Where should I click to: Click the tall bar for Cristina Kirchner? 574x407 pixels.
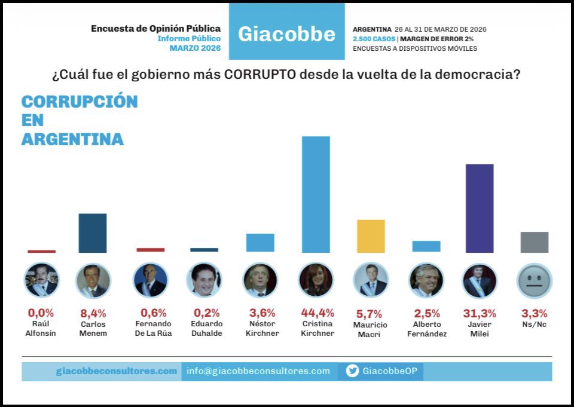click(x=316, y=194)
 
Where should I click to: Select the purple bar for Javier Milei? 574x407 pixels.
click(x=480, y=208)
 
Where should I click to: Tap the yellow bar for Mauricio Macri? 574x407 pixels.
click(x=371, y=236)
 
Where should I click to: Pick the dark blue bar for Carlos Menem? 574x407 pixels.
click(x=93, y=233)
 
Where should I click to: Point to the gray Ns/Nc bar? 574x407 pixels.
click(x=535, y=242)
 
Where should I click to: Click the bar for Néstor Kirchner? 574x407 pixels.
click(x=260, y=243)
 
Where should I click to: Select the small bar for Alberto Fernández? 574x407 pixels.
click(x=426, y=246)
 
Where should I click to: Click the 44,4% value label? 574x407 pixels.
click(x=317, y=313)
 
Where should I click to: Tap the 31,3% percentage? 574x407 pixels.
click(x=480, y=313)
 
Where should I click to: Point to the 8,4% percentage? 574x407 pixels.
click(x=93, y=313)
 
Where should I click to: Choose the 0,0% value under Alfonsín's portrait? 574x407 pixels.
click(x=41, y=313)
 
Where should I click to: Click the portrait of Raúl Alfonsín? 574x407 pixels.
click(x=41, y=280)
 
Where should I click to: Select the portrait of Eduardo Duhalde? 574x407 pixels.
click(x=204, y=280)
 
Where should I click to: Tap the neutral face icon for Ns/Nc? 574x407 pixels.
click(x=534, y=280)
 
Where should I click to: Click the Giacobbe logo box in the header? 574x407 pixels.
click(x=287, y=33)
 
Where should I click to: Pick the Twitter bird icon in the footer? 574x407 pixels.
click(x=353, y=371)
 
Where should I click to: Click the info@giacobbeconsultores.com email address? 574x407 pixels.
click(x=258, y=371)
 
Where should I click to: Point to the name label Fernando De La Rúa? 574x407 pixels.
click(x=153, y=328)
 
